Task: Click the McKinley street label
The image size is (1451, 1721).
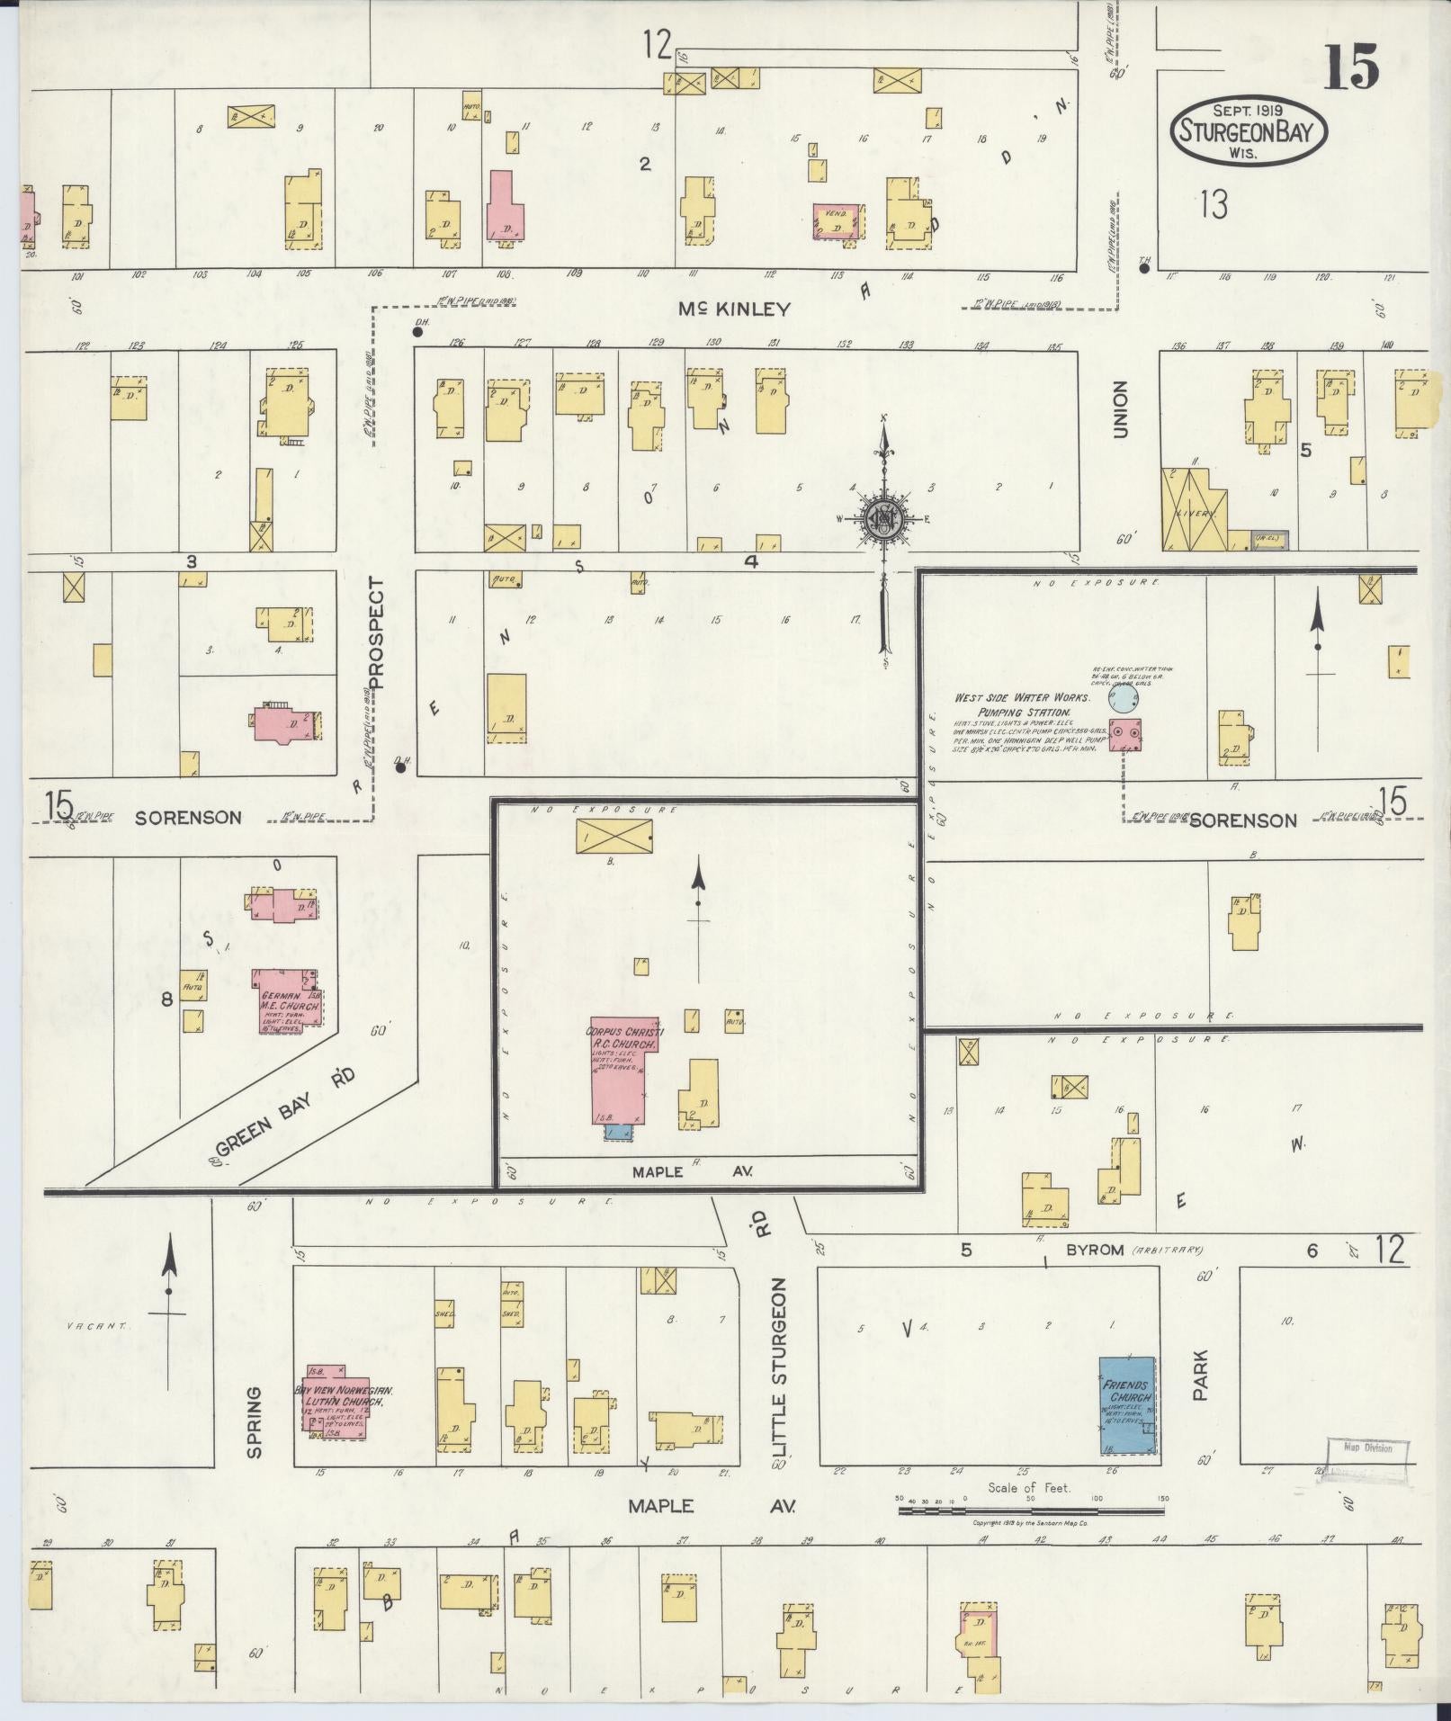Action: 734,309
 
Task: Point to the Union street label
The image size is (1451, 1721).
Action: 1120,410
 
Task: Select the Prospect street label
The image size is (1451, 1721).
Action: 375,632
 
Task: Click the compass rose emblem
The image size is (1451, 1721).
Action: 885,519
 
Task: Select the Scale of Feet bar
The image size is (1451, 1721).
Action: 1031,1510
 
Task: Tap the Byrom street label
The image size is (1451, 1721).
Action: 1095,1250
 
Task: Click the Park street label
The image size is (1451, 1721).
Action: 1200,1374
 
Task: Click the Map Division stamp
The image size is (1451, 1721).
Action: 1366,1448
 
